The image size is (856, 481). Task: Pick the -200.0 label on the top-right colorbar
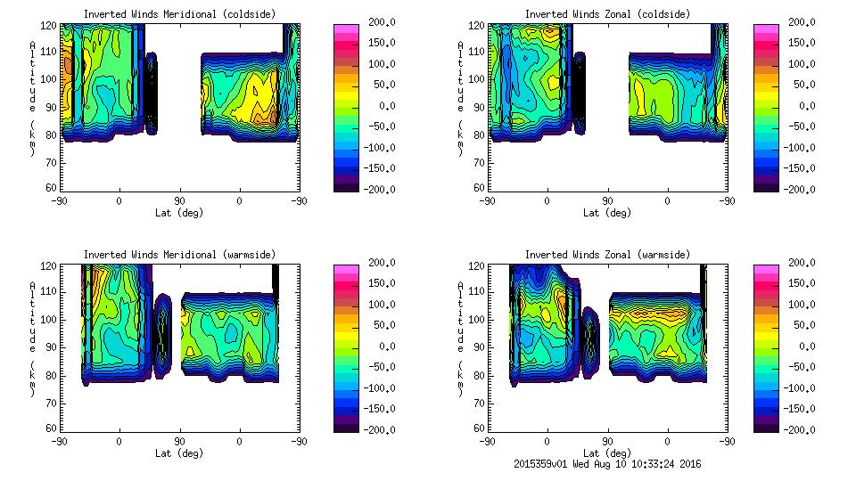[x=802, y=189]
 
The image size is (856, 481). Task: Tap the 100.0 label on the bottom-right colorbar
[x=802, y=304]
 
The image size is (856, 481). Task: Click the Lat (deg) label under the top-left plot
[x=179, y=213]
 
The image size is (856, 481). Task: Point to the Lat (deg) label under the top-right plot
[x=607, y=213]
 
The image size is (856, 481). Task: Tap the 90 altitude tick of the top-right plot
[x=480, y=106]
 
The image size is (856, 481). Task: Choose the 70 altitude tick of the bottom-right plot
[x=480, y=402]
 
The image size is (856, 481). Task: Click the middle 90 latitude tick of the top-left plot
[x=179, y=201]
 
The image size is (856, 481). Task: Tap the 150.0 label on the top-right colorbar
[x=802, y=43]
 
